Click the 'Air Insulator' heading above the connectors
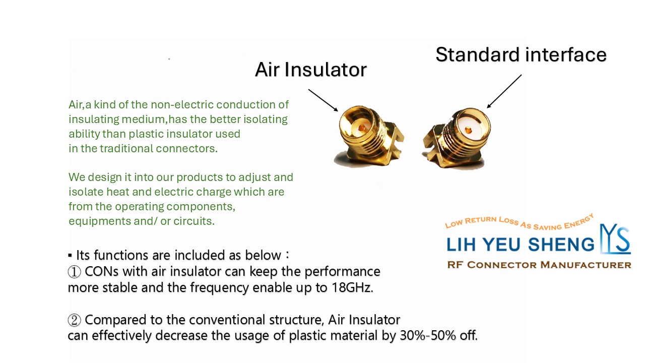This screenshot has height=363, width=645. pos(311,70)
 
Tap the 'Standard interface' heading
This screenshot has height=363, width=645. pos(521,54)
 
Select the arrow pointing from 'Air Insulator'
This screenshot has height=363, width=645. pos(323,100)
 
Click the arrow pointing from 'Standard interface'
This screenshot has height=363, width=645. pos(504,91)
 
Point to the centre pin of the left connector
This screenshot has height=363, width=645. pos(362,128)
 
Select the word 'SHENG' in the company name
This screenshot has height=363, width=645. pos(561,245)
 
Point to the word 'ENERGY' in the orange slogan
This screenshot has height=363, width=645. pos(579,221)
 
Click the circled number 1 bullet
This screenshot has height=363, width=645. pos(74,272)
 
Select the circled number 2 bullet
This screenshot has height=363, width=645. pos(74,320)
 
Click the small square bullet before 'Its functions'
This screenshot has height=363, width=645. pos(70,255)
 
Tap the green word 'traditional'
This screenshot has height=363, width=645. pos(126,148)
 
